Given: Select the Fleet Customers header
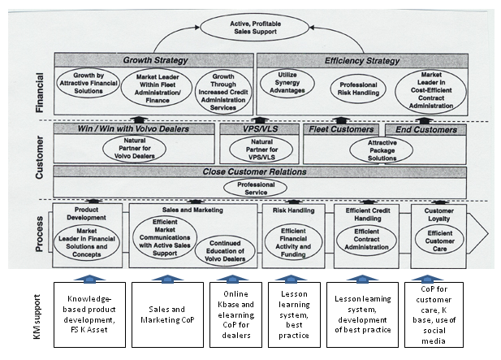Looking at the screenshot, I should coord(342,128).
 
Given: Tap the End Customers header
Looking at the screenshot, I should coord(420,128).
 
